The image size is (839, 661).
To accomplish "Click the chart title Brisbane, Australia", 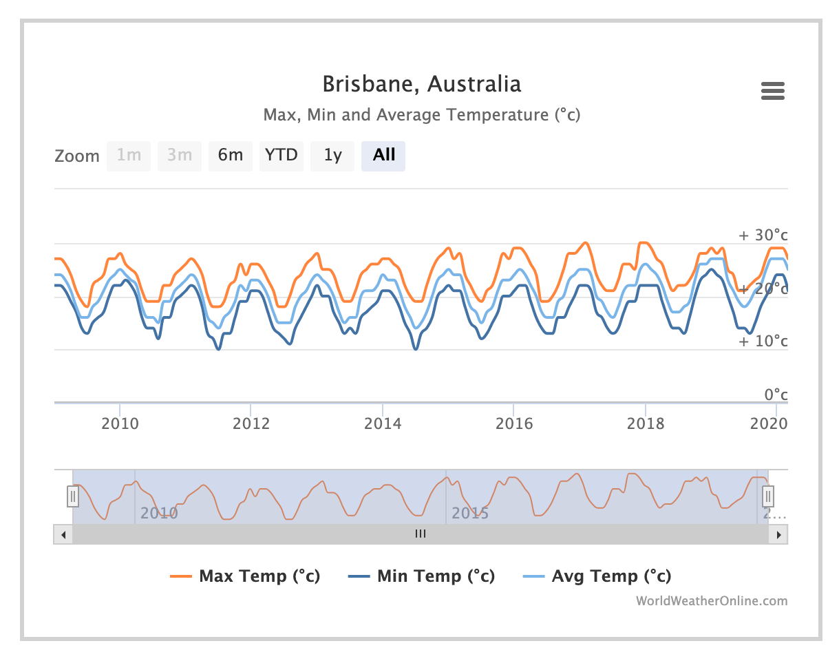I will click(422, 84).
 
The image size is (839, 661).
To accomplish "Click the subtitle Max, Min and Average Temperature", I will click(422, 114).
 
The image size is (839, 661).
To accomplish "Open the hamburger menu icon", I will click(773, 91).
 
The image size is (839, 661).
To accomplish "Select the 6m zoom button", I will click(231, 156).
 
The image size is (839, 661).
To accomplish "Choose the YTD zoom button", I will click(282, 156).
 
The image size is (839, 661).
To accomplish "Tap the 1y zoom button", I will click(332, 156).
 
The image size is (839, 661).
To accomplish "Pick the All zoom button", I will click(383, 156).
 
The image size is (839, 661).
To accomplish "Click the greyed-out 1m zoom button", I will click(129, 156).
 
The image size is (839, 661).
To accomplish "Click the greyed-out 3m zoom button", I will click(180, 156).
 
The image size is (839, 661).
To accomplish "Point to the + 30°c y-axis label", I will click(763, 235).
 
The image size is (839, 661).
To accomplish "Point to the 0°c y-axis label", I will click(776, 395).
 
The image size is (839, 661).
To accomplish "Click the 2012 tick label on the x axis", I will click(251, 423).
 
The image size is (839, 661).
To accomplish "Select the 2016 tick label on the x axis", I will click(514, 423).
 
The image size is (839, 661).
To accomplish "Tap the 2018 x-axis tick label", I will click(646, 423).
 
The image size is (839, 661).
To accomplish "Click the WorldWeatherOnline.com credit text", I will click(711, 601).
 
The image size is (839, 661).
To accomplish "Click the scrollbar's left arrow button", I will click(63, 534).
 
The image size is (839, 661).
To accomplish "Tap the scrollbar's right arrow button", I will click(779, 534).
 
